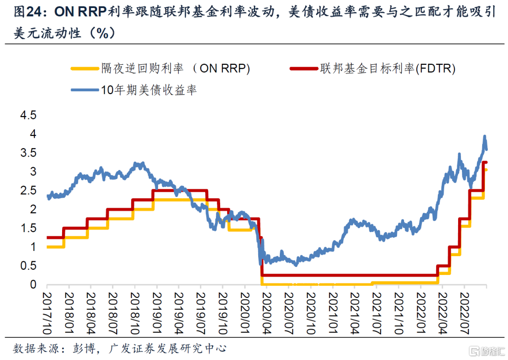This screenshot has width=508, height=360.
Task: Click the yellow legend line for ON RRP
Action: coord(84,69)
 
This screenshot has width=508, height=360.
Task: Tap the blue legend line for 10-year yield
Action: coord(84,89)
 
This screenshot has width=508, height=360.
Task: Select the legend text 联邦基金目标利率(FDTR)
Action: coord(388,69)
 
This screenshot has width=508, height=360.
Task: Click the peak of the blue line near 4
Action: coord(485,136)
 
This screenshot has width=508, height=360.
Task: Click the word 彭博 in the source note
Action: coord(84,348)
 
